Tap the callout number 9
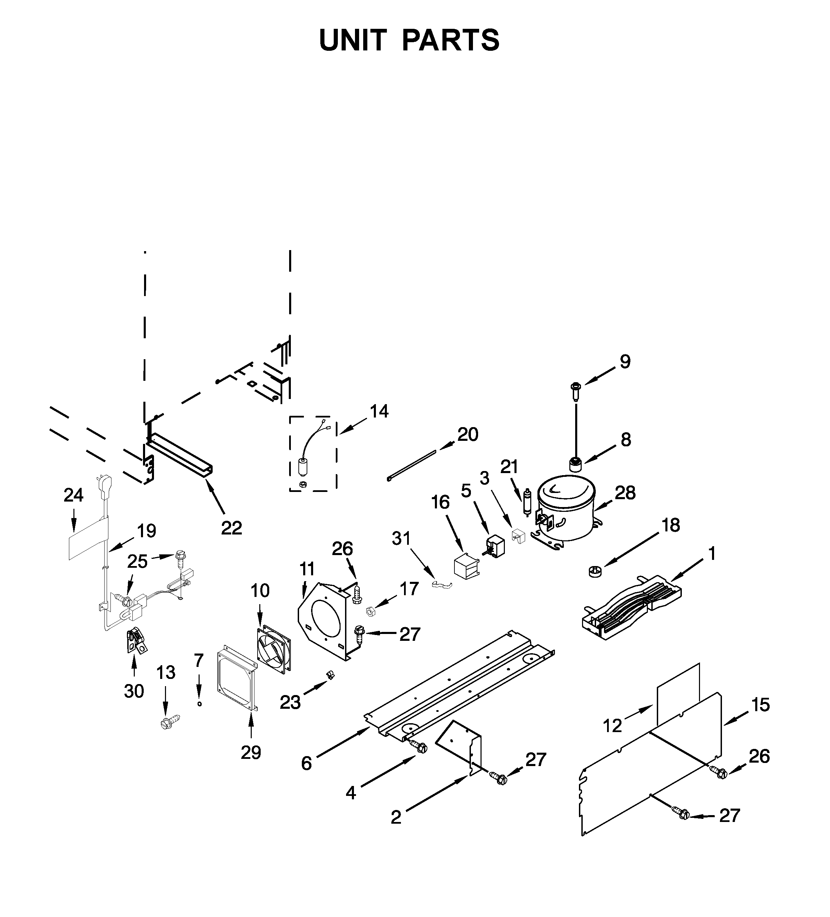click(625, 362)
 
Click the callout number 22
click(231, 528)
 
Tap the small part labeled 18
click(595, 571)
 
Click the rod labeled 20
click(411, 465)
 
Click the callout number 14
click(379, 412)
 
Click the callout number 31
click(401, 539)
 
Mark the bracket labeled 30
click(135, 642)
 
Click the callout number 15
click(760, 705)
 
